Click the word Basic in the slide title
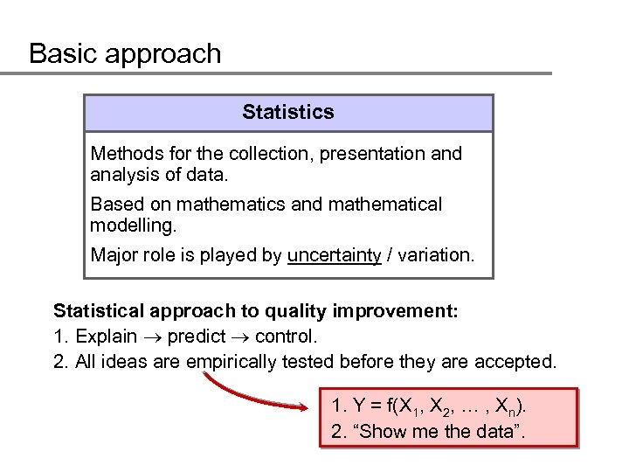coord(61,54)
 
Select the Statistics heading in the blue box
coord(288,112)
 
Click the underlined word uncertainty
coord(334,255)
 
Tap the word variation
coord(433,255)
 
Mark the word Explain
coord(107,337)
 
